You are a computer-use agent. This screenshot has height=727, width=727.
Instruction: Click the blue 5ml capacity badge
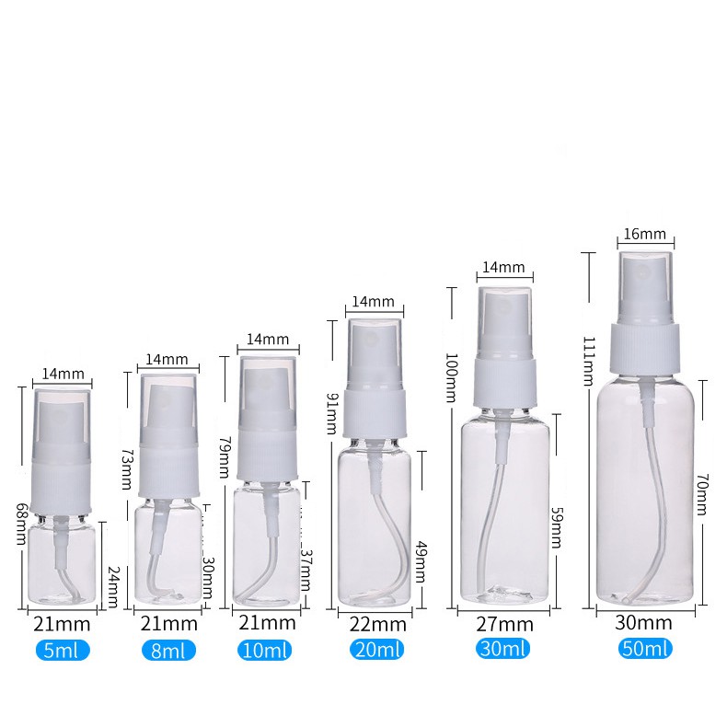pos(63,651)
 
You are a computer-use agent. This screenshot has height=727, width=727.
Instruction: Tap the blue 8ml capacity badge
pos(168,651)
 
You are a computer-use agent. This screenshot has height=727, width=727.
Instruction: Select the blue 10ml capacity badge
pos(265,650)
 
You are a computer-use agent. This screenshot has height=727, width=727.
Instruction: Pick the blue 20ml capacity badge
pos(377,649)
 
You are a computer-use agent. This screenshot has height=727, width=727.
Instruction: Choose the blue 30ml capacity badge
pos(502,648)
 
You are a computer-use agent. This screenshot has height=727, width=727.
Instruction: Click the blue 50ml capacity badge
pos(645,648)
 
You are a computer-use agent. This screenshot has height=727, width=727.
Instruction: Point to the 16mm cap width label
pos(644,234)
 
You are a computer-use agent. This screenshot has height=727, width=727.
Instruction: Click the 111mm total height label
pos(589,362)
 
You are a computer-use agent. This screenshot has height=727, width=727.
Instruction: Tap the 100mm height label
pos(452,377)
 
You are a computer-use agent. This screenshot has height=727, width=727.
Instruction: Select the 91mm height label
pos(332,413)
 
